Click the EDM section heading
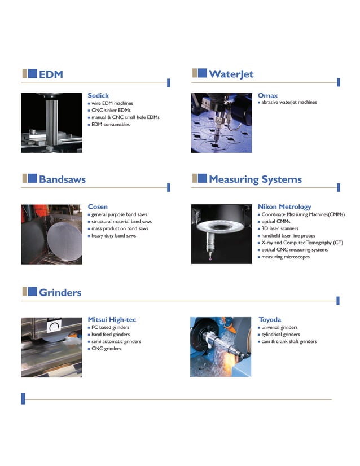50,74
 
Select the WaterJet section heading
231,74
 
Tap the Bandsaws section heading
62,179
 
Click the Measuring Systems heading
255,179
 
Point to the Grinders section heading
60,292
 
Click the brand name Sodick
98,95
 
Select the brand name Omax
267,95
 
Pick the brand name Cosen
98,206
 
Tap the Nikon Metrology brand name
284,206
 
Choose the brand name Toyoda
270,319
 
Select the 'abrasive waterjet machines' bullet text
289,102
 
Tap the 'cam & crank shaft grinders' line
289,341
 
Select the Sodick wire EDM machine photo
51,122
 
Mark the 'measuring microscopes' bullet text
285,257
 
